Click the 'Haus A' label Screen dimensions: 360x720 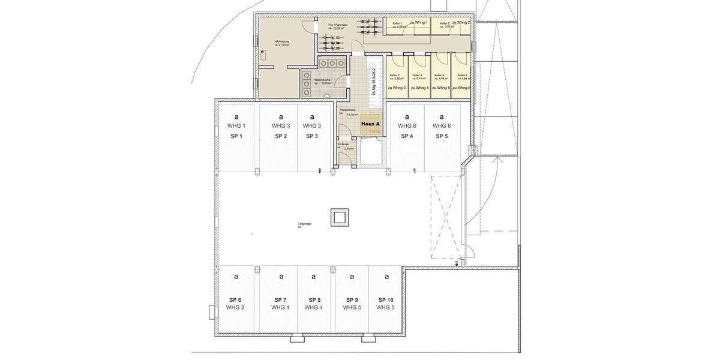370,123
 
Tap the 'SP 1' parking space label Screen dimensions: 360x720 236,136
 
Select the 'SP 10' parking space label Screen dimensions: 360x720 386,299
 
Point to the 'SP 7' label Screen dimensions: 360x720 280,299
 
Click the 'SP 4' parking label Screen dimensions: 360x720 407,136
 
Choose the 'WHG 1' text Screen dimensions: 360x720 236,126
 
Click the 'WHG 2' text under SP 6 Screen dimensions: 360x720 235,307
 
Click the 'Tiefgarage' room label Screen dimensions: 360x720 304,224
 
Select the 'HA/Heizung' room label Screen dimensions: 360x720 266,41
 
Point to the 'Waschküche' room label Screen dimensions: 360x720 322,80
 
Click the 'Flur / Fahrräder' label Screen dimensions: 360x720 338,25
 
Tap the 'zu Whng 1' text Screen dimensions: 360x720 419,22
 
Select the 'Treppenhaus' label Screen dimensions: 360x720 348,110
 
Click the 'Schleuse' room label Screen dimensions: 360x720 343,144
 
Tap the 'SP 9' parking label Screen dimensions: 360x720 352,299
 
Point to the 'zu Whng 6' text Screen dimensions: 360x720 461,88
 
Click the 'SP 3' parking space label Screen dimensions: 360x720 312,136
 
